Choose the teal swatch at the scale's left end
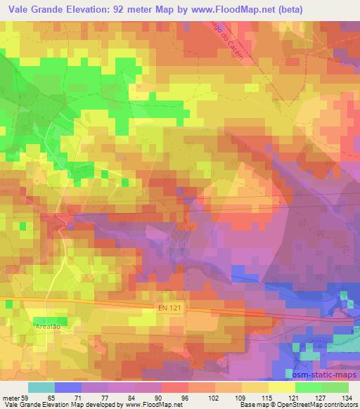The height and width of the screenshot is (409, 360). click(x=41, y=387)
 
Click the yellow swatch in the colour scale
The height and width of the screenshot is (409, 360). click(x=281, y=387)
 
